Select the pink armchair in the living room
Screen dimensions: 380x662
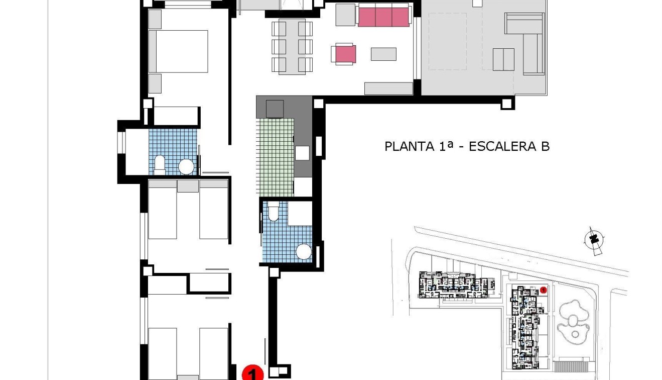(344, 54)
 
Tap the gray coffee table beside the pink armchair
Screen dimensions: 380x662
(383, 54)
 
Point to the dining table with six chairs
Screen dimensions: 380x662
(292, 47)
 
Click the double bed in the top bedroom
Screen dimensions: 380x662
(179, 51)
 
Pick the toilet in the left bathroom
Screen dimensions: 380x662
(160, 164)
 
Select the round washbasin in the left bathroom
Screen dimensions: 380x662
(186, 166)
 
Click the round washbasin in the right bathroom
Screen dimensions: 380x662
(304, 251)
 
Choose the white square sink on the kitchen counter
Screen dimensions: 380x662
(303, 153)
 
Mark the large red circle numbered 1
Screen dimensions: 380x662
(252, 374)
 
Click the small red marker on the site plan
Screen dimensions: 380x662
(544, 290)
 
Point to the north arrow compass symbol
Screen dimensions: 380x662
(595, 240)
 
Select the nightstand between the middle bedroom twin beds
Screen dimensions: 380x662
(188, 186)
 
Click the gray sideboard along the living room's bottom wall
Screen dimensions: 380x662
(388, 88)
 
